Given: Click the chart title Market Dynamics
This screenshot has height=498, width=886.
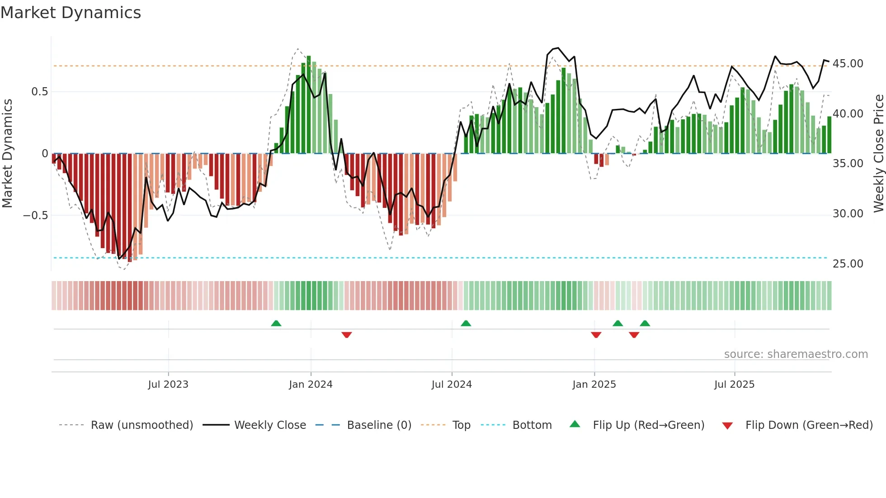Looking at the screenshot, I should [71, 13].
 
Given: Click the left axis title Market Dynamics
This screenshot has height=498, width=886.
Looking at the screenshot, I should [7, 153].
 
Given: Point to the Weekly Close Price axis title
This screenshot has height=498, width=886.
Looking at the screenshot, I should [878, 153].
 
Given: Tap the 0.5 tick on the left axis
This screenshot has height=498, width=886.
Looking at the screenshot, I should [39, 92].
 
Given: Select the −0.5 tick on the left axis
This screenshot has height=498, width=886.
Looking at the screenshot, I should [36, 215].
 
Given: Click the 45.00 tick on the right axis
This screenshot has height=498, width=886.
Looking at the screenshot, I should [848, 64].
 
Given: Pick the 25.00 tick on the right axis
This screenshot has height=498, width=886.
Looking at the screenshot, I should [848, 263].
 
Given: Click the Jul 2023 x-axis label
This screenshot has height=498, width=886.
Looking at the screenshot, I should [168, 385].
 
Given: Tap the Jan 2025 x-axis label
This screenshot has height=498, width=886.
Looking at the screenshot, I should [594, 385].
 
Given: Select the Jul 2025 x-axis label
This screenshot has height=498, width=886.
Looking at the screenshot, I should [734, 385].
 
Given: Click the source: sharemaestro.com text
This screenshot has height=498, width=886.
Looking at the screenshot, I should [796, 354].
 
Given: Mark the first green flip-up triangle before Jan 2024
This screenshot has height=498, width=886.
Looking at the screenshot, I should [276, 323].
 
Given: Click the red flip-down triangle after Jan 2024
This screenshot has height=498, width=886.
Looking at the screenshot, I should [347, 335].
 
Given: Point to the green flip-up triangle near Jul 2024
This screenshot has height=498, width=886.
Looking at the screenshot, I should [466, 323].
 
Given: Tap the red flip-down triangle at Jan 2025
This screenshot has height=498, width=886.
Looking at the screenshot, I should [596, 335].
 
